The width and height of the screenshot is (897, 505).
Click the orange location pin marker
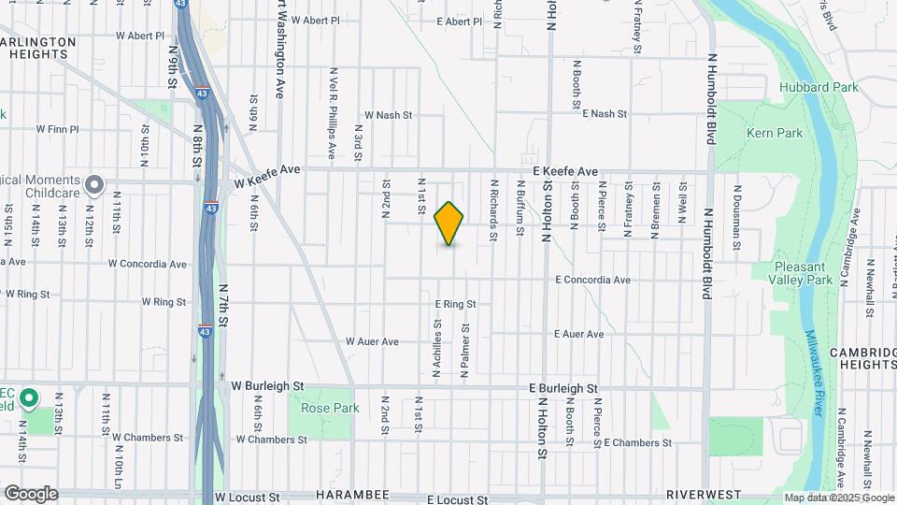tap(449, 224)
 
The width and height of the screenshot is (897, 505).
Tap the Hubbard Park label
tap(818, 87)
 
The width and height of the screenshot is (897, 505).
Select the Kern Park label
tap(775, 133)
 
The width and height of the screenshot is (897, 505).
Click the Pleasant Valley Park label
tap(804, 273)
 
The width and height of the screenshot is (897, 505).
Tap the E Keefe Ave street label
tap(565, 172)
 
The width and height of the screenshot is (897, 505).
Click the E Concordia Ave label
tap(592, 280)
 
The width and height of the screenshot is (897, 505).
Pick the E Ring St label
tap(456, 304)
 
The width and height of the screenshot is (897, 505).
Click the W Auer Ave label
tap(373, 341)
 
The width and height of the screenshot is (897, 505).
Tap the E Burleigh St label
tap(562, 388)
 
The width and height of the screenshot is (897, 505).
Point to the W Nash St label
tap(388, 115)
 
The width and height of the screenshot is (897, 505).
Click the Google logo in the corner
tap(31, 494)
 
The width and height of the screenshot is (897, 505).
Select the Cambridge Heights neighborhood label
tap(862, 359)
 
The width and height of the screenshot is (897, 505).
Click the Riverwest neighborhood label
tap(704, 494)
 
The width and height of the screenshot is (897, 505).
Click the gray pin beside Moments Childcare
tap(93, 185)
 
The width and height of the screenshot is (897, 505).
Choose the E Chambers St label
tap(637, 442)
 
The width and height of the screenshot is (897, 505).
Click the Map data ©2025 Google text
tap(839, 498)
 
